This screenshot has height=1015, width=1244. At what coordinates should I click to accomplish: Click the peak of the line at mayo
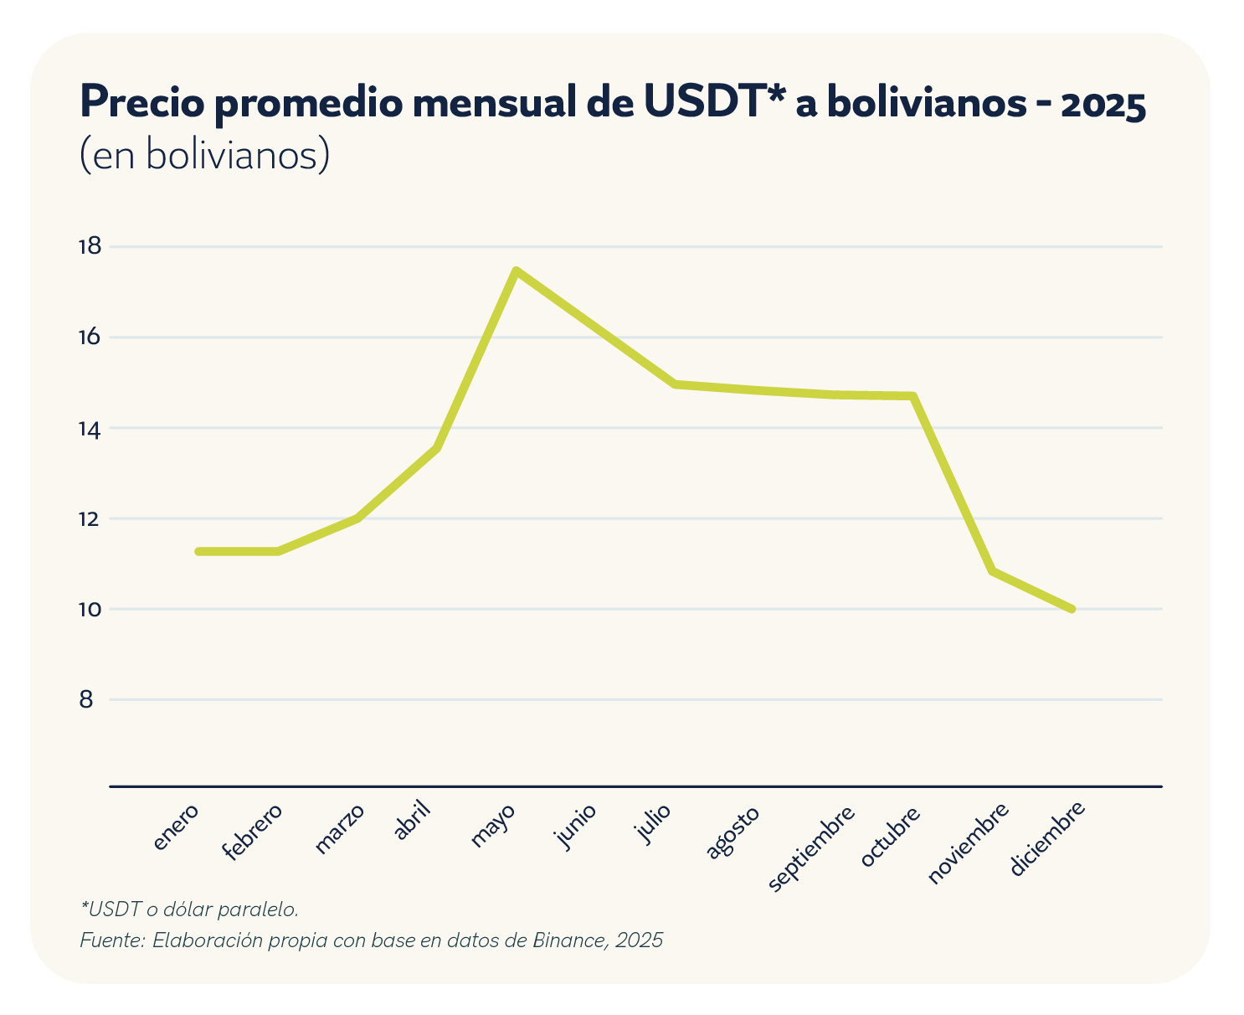pos(516,270)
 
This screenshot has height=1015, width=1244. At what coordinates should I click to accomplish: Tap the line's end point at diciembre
pos(1071,609)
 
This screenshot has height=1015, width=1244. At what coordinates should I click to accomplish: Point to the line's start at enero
pos(198,551)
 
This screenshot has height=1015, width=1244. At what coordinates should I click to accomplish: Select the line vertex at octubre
pos(912,396)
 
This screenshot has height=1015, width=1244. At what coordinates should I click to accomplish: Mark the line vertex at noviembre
pos(992,571)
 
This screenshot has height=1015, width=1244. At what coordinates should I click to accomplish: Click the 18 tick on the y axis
pos(90,246)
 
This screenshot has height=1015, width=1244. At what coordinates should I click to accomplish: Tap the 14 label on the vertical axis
pos(90,429)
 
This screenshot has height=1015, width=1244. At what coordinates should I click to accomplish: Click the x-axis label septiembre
pos(811,849)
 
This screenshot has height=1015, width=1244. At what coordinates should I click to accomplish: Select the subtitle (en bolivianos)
pos(204,155)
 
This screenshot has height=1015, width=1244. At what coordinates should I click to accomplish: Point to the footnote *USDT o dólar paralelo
pos(189,908)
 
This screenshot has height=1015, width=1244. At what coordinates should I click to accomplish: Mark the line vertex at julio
pos(675,384)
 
